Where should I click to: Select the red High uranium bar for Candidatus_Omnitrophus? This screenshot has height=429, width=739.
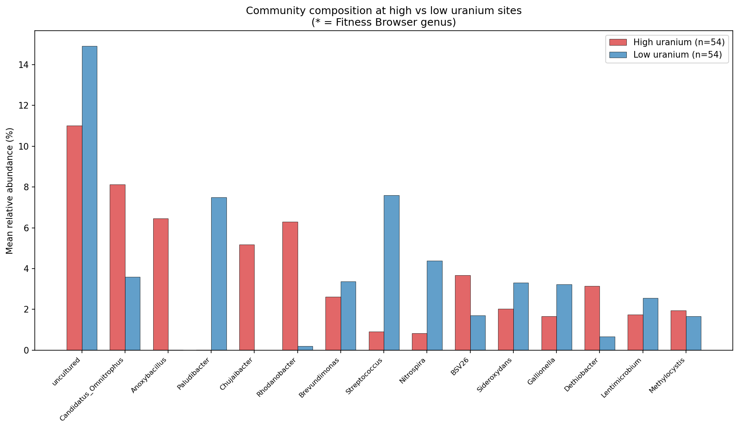coord(118,267)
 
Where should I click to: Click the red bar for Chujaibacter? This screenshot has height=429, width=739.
coord(247,297)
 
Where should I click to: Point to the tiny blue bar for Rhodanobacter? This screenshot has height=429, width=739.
coord(305,348)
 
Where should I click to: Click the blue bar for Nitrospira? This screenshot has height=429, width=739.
coord(434,305)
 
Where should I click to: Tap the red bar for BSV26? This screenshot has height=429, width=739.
coord(462,313)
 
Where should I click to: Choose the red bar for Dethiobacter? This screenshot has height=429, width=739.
coord(592,318)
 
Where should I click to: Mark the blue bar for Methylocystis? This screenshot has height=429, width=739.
coord(693,333)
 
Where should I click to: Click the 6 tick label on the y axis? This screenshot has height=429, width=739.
coord(26,228)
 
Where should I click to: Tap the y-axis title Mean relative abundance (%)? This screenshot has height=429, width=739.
coord(10,191)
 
